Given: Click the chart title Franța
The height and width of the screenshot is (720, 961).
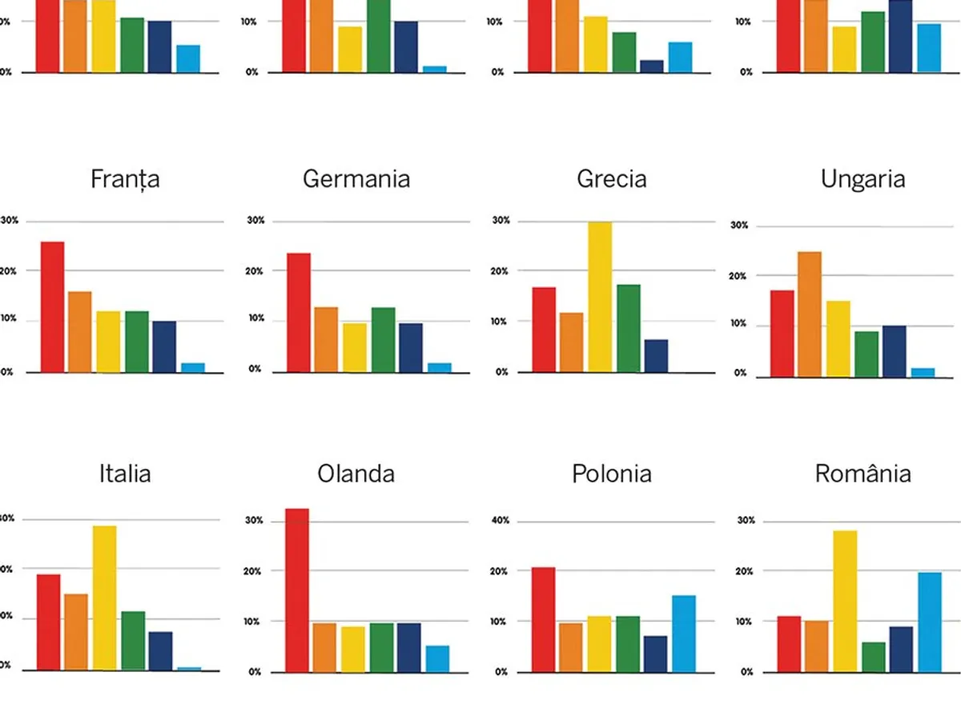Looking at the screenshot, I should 125,178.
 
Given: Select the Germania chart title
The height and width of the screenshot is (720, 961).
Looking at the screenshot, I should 356,178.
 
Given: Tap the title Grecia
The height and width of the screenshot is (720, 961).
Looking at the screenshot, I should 611,178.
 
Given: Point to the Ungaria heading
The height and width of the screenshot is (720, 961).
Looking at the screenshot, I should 862,178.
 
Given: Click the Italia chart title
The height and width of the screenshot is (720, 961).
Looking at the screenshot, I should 125,474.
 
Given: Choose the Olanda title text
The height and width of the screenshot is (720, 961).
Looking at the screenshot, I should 356,474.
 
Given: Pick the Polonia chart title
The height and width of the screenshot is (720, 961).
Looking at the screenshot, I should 611,474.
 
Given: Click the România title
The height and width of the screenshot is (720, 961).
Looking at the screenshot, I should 862,474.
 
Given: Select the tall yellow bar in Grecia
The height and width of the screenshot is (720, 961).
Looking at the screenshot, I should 600,297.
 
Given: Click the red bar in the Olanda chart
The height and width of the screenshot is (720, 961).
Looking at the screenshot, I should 297,590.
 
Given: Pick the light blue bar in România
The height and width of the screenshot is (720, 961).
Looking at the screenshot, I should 930,622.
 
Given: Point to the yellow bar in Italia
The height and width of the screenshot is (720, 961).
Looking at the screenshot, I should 104,598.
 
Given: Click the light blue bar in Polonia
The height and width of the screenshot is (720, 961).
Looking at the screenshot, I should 683,633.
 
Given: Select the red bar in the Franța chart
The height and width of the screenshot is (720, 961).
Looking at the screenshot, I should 52,306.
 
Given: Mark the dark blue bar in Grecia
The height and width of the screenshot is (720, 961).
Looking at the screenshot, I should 656,355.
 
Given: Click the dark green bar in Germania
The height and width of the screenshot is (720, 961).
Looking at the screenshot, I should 383,339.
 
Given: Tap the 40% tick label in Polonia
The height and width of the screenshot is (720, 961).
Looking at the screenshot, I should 501,521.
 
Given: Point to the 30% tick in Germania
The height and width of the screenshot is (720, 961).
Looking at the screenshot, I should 255,220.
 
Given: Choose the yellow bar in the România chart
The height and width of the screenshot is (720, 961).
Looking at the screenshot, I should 845,601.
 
